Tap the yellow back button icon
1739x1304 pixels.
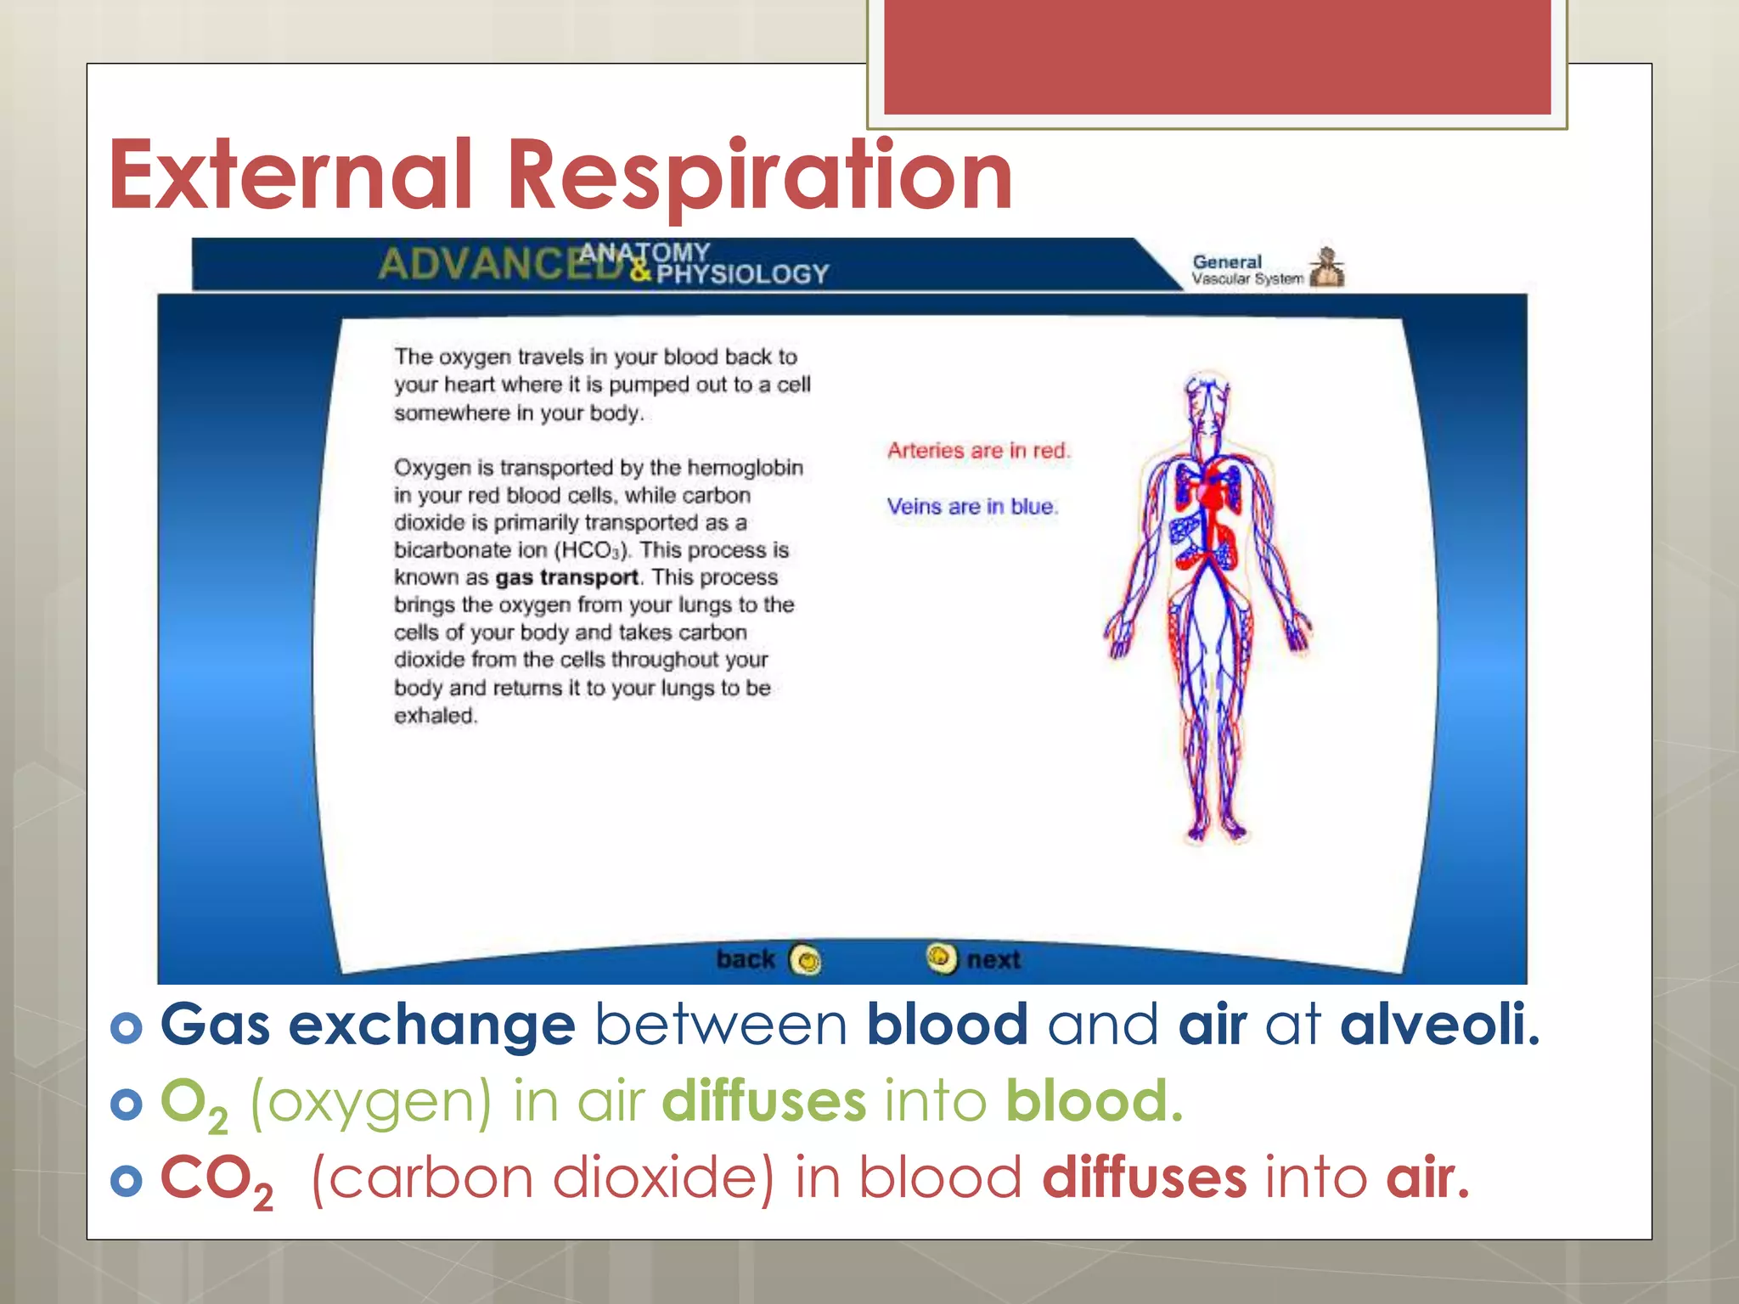pos(805,960)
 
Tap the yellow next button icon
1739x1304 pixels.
pos(940,958)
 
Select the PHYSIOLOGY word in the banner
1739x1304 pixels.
pos(742,274)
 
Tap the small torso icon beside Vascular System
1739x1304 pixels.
pos(1327,268)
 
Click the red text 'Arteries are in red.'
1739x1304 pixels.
pos(978,451)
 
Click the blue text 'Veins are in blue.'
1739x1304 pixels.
pos(972,507)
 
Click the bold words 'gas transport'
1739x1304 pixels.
pos(566,577)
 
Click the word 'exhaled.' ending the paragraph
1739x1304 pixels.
pos(436,716)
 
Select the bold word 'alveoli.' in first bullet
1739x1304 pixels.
pos(1439,1024)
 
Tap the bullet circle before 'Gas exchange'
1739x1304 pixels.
pos(127,1027)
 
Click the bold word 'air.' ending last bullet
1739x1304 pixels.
pos(1427,1178)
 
